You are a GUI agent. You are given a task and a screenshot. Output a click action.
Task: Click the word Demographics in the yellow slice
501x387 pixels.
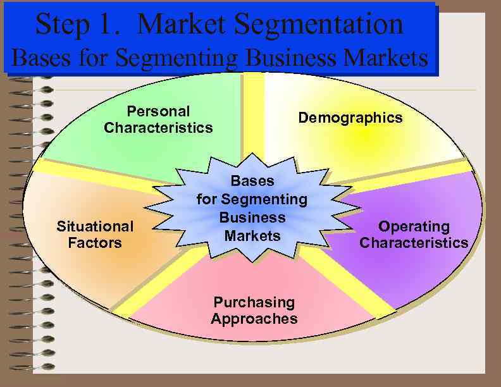[x=350, y=118]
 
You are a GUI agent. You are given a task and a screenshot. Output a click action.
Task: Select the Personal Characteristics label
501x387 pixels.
[x=158, y=120]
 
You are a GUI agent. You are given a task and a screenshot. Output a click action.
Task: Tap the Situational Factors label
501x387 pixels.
[x=95, y=234]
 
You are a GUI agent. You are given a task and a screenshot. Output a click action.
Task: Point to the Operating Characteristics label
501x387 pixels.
[x=414, y=234]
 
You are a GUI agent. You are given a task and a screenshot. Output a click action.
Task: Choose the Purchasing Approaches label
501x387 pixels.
[x=254, y=310]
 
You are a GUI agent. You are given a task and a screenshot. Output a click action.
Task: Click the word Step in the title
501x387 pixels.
[x=61, y=24]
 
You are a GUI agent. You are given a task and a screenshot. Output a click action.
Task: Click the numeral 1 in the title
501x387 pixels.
[x=110, y=24]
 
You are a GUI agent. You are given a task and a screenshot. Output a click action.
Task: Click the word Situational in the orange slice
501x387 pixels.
[x=95, y=226]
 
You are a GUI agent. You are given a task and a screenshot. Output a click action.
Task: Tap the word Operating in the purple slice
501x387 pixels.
[x=414, y=226]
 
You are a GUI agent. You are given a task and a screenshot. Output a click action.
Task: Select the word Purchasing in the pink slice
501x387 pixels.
[x=254, y=302]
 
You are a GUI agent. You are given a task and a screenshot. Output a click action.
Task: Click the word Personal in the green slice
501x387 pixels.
[x=158, y=111]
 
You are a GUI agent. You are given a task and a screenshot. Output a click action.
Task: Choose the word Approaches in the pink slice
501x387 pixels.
[x=254, y=318]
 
